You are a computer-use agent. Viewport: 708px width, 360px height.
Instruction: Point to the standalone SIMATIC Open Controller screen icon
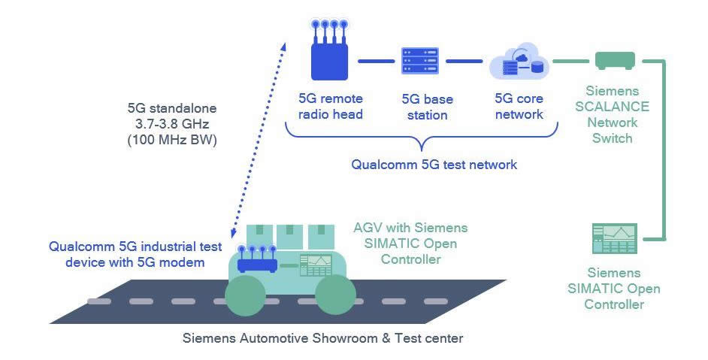(x=614, y=239)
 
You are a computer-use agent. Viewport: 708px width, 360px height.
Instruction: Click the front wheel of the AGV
(x=335, y=294)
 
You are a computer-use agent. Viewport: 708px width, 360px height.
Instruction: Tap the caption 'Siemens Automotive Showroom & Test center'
(x=323, y=337)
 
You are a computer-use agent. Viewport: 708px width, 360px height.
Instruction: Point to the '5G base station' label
(x=425, y=107)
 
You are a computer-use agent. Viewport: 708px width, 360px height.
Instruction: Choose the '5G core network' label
(x=519, y=107)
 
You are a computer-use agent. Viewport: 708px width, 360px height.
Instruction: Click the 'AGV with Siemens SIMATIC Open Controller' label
(x=410, y=243)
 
